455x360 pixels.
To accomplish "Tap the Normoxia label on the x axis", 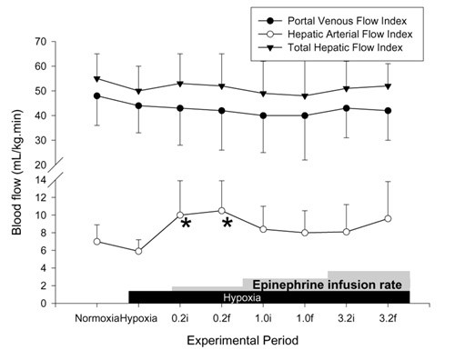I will tap(97, 319).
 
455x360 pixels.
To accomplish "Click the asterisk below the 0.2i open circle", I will tap(185, 225).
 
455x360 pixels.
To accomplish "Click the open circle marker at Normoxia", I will tap(96, 242).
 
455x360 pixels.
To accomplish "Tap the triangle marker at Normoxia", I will tap(96, 79).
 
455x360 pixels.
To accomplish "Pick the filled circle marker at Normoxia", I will tap(96, 95).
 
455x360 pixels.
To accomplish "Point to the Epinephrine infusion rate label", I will tap(327, 284).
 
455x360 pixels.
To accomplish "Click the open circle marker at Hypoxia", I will tap(137, 251).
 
